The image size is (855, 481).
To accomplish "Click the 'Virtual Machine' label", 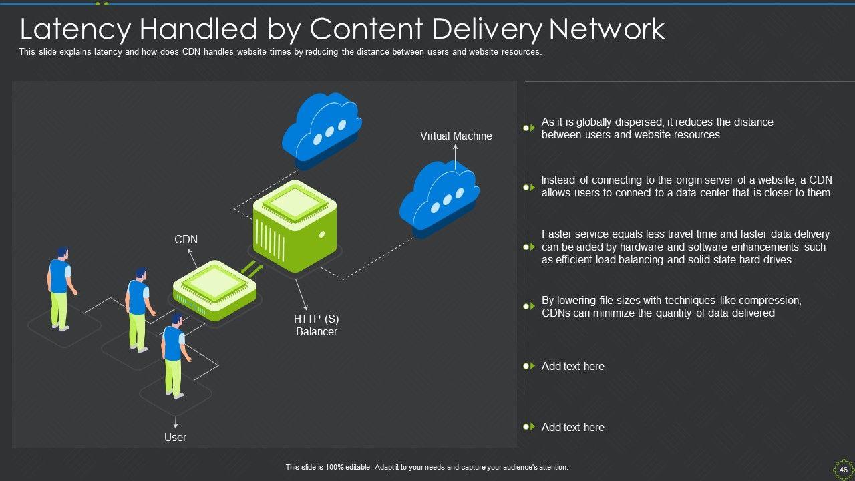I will click(456, 136).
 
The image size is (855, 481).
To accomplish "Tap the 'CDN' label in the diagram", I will click(186, 239).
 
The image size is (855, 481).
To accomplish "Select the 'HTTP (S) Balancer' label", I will click(317, 325).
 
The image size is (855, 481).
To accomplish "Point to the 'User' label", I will click(175, 437).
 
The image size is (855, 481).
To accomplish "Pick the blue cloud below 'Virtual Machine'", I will click(439, 196).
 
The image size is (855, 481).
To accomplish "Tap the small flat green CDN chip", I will click(215, 291).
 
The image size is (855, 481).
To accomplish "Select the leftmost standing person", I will click(60, 287).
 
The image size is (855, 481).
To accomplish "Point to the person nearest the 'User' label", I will click(174, 354).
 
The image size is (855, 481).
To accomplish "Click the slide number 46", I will click(844, 470).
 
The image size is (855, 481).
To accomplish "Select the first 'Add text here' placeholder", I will click(572, 366).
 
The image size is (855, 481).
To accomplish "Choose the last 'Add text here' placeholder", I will click(572, 427).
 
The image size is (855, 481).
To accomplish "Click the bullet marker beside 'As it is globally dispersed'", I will click(528, 128).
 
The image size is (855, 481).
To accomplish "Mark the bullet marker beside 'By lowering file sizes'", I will click(528, 306).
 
